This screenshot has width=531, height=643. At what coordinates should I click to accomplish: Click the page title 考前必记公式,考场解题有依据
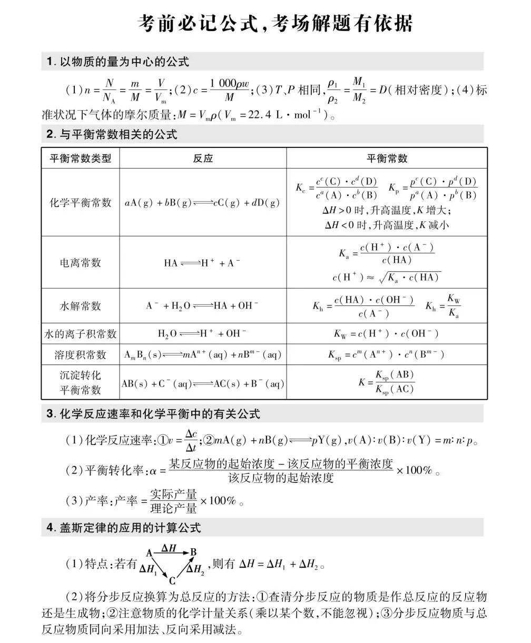click(x=274, y=24)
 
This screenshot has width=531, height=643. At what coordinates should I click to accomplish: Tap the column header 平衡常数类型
click(x=81, y=159)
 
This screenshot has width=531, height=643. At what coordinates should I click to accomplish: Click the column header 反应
click(x=203, y=159)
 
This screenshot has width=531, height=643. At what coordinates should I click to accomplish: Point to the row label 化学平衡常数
click(x=81, y=203)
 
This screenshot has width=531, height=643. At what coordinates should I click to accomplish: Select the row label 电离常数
click(x=81, y=262)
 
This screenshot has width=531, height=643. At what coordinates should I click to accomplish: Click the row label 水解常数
click(x=81, y=306)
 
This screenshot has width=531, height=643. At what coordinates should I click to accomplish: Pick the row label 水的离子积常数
click(x=81, y=334)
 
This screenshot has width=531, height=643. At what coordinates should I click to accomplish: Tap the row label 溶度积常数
click(x=81, y=355)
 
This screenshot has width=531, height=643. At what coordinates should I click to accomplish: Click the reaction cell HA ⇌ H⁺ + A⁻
click(x=203, y=263)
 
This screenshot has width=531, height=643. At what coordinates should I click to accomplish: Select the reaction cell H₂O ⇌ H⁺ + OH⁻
click(x=203, y=334)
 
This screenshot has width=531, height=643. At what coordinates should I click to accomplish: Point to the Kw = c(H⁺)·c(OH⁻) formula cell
click(x=386, y=334)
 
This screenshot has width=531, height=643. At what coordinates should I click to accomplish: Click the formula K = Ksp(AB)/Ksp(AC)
click(x=387, y=382)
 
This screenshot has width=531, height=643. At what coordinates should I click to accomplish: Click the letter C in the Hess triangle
click(x=172, y=581)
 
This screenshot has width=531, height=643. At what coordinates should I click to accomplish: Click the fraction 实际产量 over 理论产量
click(x=173, y=501)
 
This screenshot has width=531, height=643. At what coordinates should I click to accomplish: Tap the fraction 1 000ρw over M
click(x=229, y=90)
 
